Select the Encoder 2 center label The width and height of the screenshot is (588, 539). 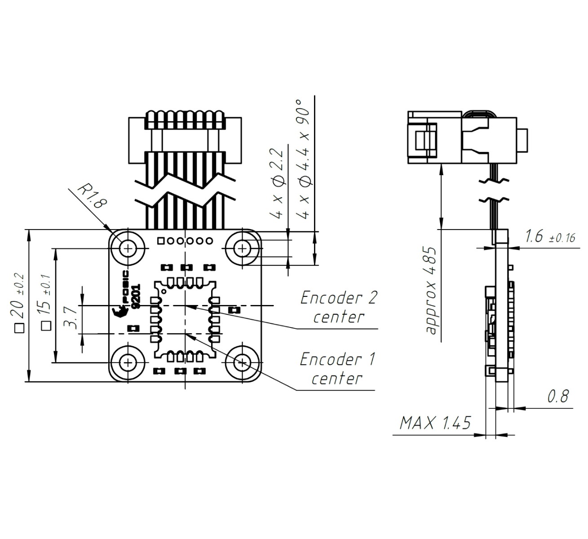coord(339,307)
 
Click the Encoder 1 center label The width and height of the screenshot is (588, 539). coord(337,369)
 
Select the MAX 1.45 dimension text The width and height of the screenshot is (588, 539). coord(435,423)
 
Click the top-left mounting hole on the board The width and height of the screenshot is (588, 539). coord(129,247)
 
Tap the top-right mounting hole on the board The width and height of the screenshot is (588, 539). coord(243,247)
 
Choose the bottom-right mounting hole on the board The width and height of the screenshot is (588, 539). coord(243,362)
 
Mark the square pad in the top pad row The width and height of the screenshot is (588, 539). coord(160,241)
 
